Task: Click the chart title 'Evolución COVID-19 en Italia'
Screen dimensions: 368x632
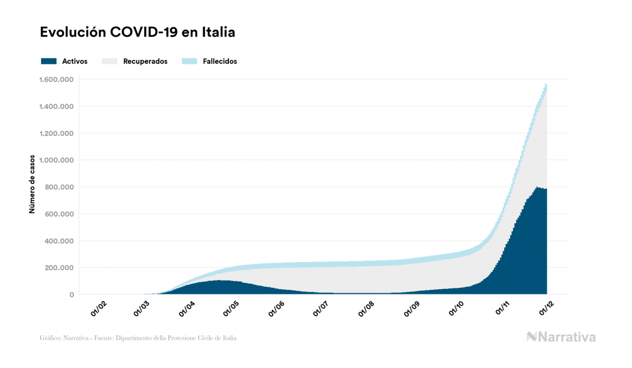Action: point(137,32)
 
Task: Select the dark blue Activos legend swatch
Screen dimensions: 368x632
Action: point(49,61)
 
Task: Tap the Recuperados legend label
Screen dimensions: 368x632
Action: point(145,62)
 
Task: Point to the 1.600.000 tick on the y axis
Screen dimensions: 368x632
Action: point(56,80)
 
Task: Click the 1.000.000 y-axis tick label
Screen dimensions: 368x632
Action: point(56,161)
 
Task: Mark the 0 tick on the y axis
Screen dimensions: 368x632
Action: point(72,295)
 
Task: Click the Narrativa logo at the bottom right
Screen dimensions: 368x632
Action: point(561,337)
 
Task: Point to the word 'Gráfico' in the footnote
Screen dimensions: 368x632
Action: point(50,338)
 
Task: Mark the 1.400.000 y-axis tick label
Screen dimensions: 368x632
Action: point(56,106)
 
